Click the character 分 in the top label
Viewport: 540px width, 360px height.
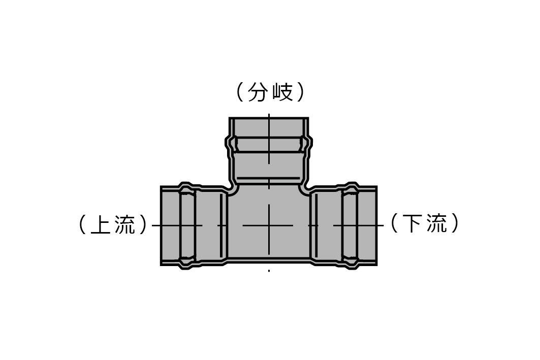(258, 92)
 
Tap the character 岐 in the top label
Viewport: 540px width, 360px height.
(283, 92)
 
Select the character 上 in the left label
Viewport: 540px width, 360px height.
(100, 224)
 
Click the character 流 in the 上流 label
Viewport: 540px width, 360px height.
(125, 224)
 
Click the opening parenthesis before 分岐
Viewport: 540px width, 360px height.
(240, 92)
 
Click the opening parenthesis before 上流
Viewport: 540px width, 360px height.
(83, 224)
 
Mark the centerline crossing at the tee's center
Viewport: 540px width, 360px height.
(269, 225)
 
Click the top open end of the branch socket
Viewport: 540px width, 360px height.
(269, 118)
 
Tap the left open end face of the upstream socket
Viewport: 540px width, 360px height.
(161, 225)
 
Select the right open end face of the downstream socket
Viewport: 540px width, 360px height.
(376, 225)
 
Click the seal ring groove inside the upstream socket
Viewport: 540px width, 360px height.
(187, 225)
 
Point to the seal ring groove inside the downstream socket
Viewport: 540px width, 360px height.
(350, 225)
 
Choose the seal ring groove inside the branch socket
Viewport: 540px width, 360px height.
(269, 145)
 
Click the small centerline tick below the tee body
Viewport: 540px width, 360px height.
(269, 271)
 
